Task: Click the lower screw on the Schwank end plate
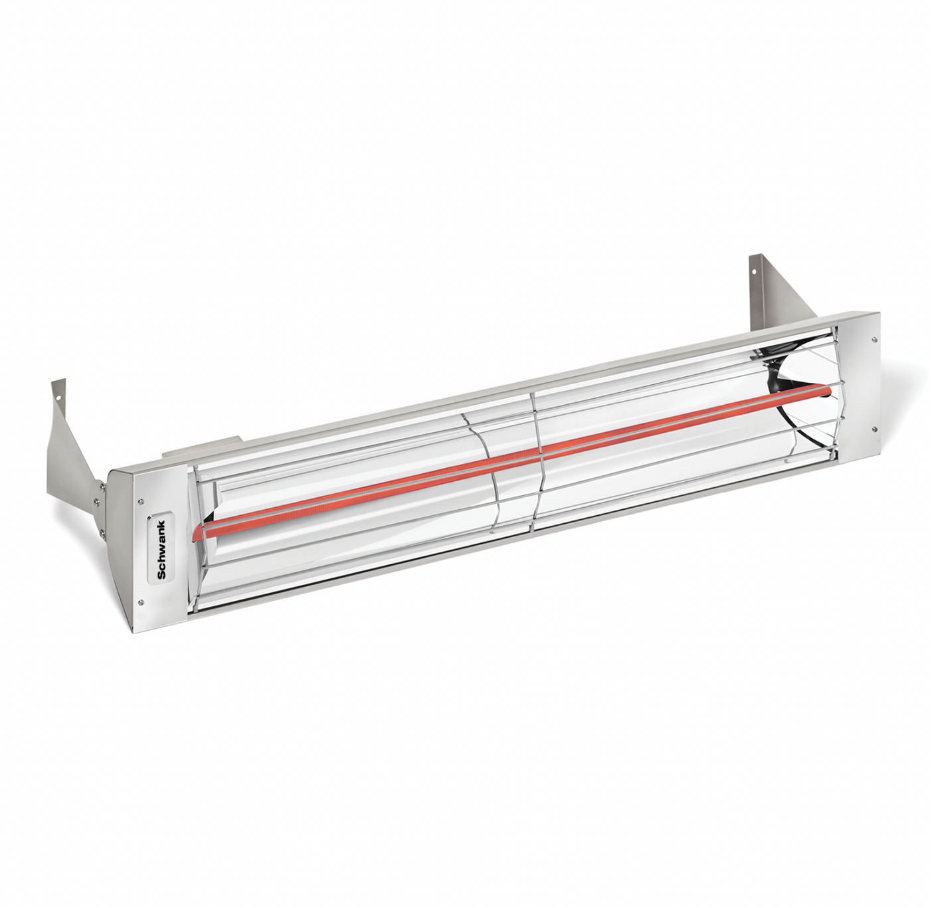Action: pyautogui.click(x=143, y=602)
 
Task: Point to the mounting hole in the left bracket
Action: pyautogui.click(x=58, y=400)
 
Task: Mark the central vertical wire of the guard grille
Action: pyautogui.click(x=535, y=459)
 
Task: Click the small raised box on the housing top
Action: pyautogui.click(x=203, y=447)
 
